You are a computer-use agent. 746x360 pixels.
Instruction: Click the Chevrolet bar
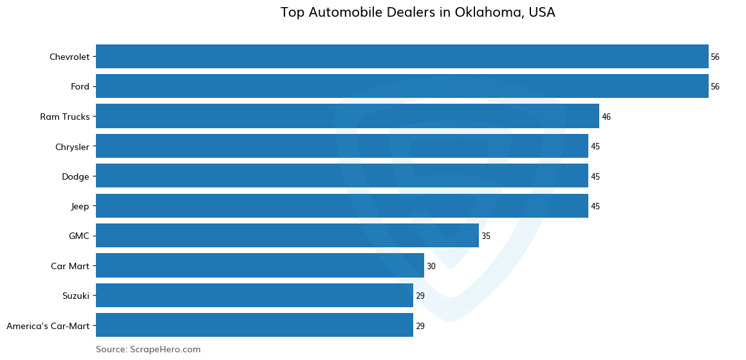point(402,57)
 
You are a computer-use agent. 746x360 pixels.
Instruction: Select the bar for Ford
point(402,86)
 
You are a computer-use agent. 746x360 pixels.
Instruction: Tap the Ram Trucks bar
point(348,117)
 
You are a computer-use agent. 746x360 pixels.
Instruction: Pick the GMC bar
point(287,236)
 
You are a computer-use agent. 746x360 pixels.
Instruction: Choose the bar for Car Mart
point(260,265)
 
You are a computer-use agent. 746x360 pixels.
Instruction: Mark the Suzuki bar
point(254,296)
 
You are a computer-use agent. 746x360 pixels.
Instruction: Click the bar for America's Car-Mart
point(254,325)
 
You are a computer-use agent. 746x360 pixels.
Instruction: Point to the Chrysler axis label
point(72,147)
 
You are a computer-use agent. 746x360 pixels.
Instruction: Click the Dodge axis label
point(75,176)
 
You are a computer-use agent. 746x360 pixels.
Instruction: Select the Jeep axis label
point(80,206)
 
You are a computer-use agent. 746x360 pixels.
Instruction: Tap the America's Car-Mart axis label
point(48,326)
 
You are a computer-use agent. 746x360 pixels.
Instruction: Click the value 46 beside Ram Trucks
point(606,117)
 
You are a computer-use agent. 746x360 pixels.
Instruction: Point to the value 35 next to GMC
point(486,236)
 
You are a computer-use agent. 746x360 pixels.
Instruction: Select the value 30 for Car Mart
point(431,266)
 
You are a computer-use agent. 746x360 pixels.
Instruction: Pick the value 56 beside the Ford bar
point(715,87)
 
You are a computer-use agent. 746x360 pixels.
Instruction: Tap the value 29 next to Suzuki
point(420,296)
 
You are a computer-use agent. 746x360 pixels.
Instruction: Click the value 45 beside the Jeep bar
point(595,207)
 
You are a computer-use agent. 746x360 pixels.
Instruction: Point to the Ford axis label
point(80,87)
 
